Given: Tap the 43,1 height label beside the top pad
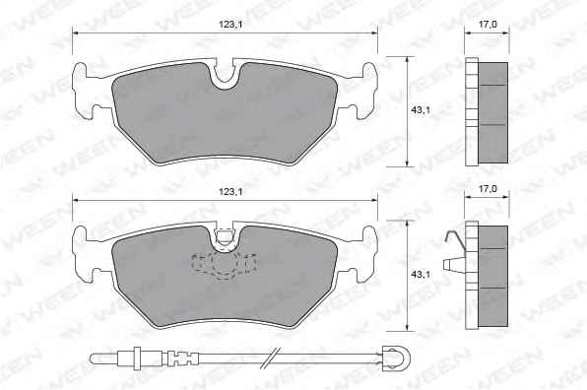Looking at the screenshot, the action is point(421,110).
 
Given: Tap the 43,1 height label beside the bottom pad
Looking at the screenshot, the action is point(421,274).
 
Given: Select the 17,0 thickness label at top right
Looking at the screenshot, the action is point(488,25).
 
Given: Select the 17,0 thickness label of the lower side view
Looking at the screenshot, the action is point(488,189).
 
